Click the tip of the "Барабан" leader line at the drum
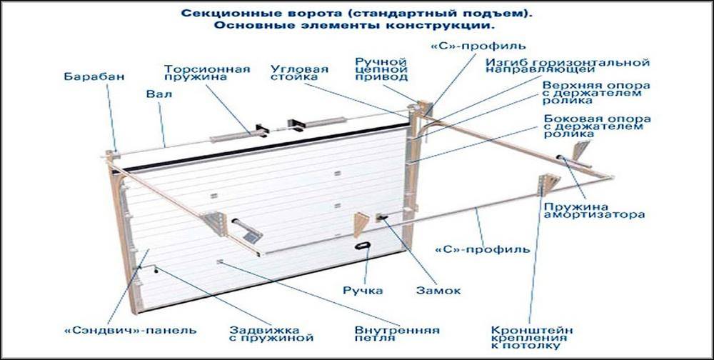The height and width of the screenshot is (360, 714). coord(115,153)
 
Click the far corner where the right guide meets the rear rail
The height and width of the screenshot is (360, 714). coord(612,177)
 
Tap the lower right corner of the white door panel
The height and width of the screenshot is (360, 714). coord(405,250)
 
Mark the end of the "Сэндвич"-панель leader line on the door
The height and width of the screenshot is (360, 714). coord(149,249)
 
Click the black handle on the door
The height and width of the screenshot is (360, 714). coord(363,246)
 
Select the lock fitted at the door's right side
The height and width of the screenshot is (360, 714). coord(381,217)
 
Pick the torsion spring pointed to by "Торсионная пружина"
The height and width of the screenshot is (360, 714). coord(231,136)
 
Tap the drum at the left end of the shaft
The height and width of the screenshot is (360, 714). coord(111,155)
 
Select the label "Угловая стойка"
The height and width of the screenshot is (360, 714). coord(299,73)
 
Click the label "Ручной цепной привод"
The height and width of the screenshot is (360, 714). coord(381,69)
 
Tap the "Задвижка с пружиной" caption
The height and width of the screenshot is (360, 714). coord(271,334)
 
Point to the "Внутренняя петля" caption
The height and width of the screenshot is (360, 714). coord(397,334)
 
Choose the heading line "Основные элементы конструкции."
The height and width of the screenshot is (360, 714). coord(354,26)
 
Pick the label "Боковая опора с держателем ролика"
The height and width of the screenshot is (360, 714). coord(597,126)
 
